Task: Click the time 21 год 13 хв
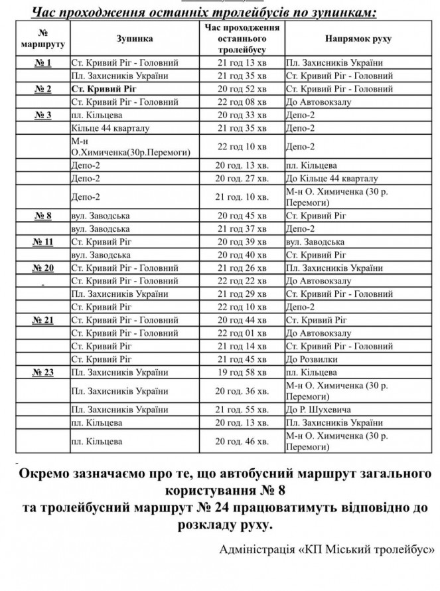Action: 242,63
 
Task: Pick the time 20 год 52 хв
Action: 242,89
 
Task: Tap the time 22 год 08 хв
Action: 242,102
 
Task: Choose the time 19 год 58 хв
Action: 242,372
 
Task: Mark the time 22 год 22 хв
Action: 242,281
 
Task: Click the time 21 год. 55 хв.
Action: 242,410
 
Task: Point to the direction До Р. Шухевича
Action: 318,410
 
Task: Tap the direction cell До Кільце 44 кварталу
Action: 331,179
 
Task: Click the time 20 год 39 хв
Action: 242,242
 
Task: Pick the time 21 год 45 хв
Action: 242,359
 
